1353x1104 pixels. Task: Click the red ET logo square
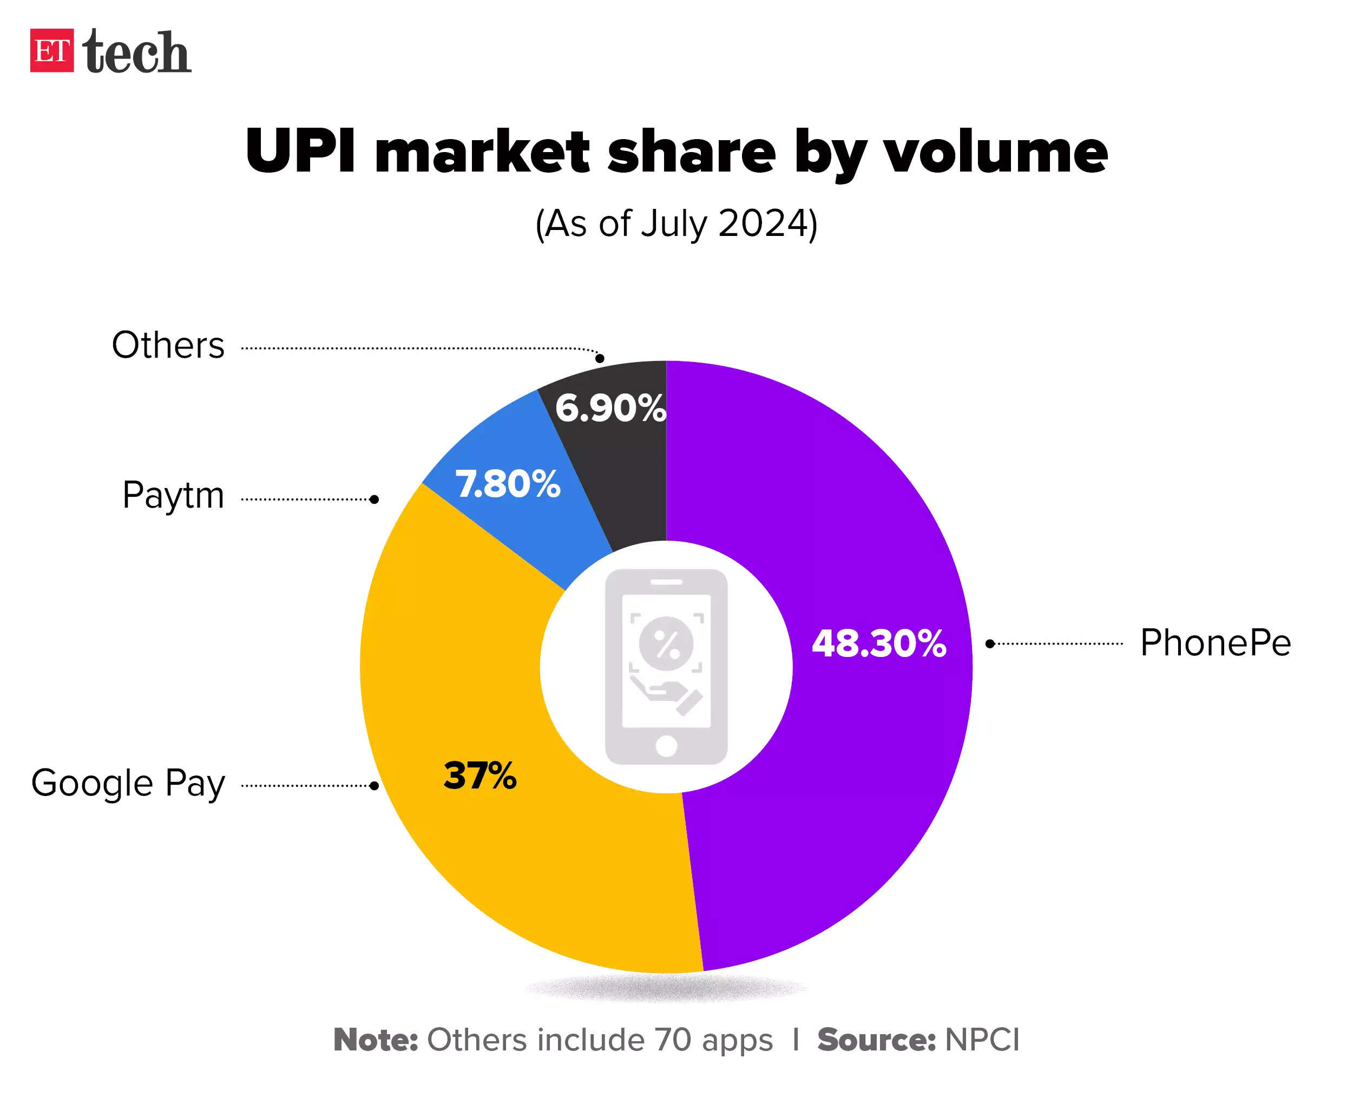click(51, 50)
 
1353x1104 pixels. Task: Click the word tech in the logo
click(137, 51)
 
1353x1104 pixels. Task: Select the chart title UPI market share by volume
click(676, 152)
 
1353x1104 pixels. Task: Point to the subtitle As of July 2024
click(676, 224)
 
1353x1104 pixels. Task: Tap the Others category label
click(168, 345)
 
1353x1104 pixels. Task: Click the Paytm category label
click(173, 495)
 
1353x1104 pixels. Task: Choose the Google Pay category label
click(128, 783)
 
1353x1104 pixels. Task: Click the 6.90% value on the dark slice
click(610, 408)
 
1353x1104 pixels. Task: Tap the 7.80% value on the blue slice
click(508, 484)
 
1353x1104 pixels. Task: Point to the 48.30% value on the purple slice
click(879, 643)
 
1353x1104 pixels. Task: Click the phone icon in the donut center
click(666, 667)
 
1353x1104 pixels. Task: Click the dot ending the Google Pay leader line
click(375, 786)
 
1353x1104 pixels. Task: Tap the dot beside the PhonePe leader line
click(990, 644)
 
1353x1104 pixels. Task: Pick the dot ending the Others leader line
click(600, 359)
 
